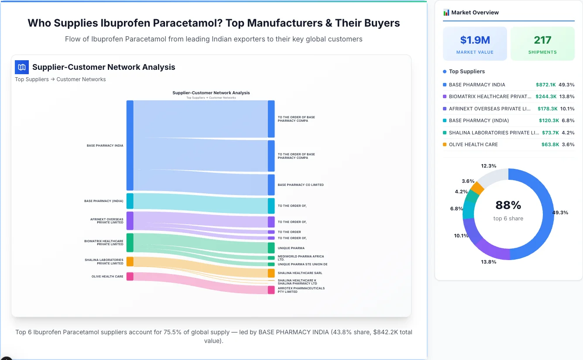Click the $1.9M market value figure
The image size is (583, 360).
(x=475, y=40)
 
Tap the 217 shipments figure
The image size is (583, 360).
(x=542, y=40)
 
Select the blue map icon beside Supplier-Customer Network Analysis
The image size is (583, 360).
(x=22, y=67)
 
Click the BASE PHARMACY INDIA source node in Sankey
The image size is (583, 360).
(x=130, y=145)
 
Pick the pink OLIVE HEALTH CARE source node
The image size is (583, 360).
(x=130, y=276)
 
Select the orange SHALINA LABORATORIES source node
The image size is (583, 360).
(x=130, y=261)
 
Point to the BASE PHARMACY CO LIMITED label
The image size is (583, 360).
(x=301, y=185)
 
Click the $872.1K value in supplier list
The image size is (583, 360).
(x=545, y=85)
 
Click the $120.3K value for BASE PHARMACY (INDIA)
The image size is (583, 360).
(x=549, y=120)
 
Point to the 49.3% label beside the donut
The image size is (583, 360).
(x=560, y=213)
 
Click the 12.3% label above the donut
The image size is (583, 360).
(x=488, y=166)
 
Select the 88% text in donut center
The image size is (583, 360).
(x=508, y=205)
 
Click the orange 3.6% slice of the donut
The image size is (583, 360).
(x=477, y=188)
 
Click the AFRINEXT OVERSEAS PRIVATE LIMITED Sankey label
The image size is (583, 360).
(x=106, y=221)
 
